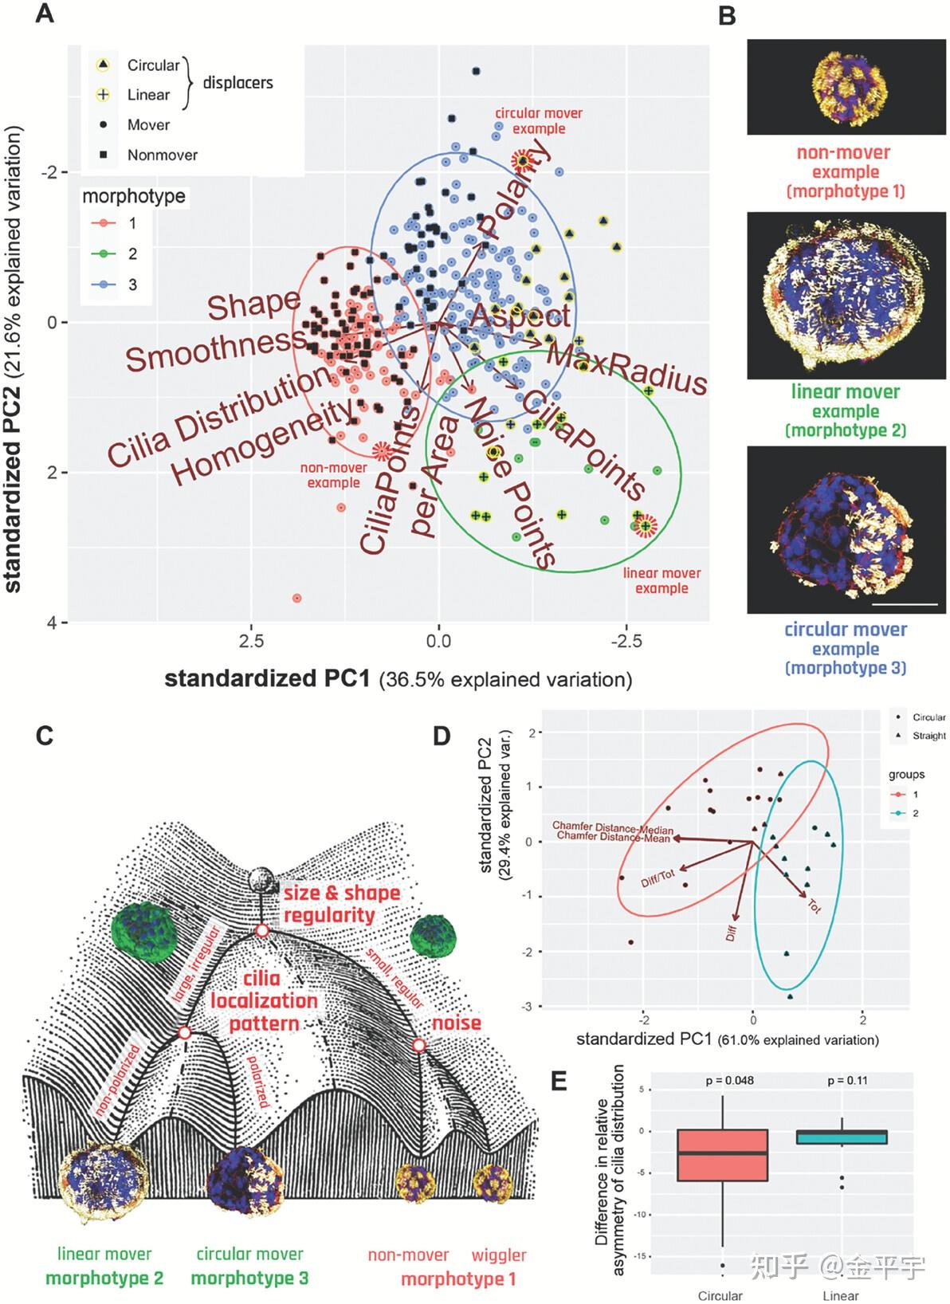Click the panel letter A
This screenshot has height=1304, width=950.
tap(45, 14)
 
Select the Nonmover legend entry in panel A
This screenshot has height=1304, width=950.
tap(162, 155)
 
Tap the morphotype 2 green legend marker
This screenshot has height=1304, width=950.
tap(104, 254)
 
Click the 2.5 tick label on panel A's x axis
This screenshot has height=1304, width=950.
tap(251, 642)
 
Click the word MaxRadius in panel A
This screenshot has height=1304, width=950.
tap(626, 369)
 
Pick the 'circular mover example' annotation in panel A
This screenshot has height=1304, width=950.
tap(539, 121)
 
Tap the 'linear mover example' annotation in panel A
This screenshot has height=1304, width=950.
tap(661, 580)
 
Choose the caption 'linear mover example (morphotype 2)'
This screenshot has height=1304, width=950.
tap(846, 410)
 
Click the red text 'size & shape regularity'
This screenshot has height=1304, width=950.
tap(342, 903)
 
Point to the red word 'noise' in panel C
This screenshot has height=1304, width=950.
tap(457, 1023)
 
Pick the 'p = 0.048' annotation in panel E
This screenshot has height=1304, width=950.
tap(729, 1081)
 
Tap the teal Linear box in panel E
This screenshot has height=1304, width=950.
tap(842, 1137)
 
